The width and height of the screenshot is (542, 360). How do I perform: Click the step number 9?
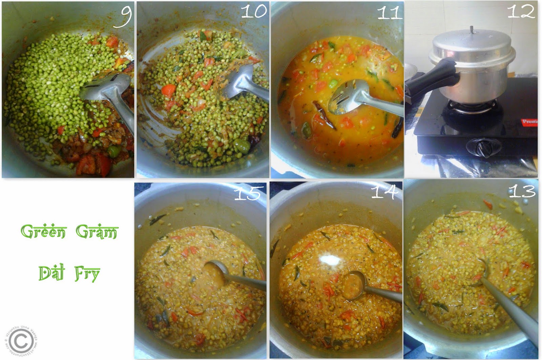[123, 16]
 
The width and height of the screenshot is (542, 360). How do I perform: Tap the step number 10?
[254, 12]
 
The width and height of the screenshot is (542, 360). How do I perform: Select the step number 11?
[389, 13]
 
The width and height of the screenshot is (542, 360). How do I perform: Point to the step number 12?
[521, 12]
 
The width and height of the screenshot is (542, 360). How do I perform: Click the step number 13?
[522, 191]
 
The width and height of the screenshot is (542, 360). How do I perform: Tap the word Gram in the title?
[96, 232]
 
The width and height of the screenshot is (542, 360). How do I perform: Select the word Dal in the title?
[51, 273]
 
